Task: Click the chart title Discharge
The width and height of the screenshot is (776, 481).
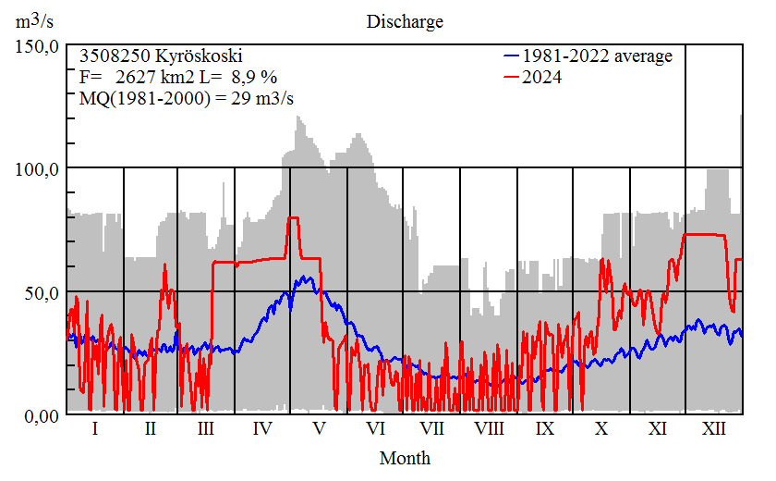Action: [x=405, y=21]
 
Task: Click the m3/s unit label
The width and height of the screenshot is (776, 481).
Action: [x=34, y=21]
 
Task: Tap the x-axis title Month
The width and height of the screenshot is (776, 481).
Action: [x=405, y=458]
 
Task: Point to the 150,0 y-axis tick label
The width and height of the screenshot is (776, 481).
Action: [x=38, y=45]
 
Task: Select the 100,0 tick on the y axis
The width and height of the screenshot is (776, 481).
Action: [x=38, y=168]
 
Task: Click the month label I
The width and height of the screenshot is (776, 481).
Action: [x=94, y=430]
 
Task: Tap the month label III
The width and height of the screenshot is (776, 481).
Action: [x=206, y=430]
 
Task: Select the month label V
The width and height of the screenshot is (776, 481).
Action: [x=319, y=430]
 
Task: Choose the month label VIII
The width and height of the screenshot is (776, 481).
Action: [x=489, y=430]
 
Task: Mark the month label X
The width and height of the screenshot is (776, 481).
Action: [x=601, y=430]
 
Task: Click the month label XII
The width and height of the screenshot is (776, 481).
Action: [x=714, y=430]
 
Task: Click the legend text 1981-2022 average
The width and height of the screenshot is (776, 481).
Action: [x=597, y=56]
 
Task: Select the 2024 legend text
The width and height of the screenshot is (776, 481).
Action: [x=541, y=78]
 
